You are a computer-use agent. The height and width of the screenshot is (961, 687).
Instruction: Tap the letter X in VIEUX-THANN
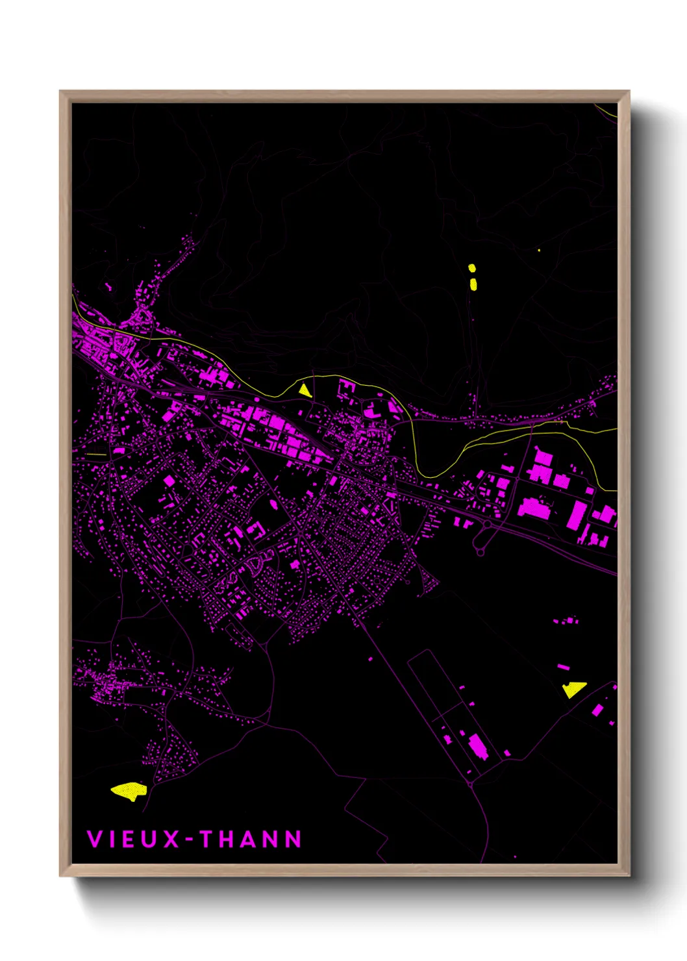pos(171,839)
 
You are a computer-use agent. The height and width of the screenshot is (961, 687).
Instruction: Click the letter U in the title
pos(149,839)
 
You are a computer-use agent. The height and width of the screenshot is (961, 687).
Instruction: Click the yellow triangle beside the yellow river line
pos(304,390)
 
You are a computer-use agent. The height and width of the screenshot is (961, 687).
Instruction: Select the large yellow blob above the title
pos(129,791)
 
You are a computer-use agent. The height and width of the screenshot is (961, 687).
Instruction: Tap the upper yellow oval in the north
pos(472,268)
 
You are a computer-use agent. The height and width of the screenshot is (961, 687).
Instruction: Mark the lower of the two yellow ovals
pos(473,284)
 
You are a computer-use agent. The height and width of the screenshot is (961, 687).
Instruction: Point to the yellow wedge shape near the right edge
pos(573,689)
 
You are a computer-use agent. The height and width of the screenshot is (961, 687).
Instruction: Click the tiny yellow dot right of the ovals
pos(539,250)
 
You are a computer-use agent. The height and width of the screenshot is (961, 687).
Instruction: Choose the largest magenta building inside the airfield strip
pos(477,747)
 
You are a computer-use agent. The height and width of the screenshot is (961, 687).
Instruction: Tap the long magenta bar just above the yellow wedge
pos(563,666)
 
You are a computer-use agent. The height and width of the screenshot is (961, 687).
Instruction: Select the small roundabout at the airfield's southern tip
pos(470,784)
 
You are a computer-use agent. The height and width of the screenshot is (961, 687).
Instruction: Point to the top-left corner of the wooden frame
pos(60,92)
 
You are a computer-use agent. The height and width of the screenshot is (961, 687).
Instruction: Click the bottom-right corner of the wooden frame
pos(629,875)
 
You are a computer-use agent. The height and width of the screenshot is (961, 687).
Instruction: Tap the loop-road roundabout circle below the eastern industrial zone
pos(480,552)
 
